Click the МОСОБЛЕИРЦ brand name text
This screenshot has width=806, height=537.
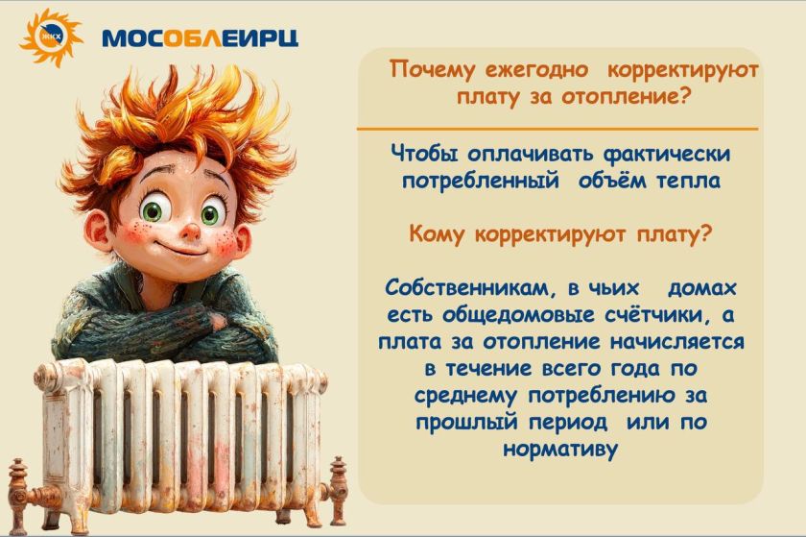200,37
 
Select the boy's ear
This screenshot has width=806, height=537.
98,231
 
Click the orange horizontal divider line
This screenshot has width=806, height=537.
557,128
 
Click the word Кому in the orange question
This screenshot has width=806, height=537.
439,234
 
